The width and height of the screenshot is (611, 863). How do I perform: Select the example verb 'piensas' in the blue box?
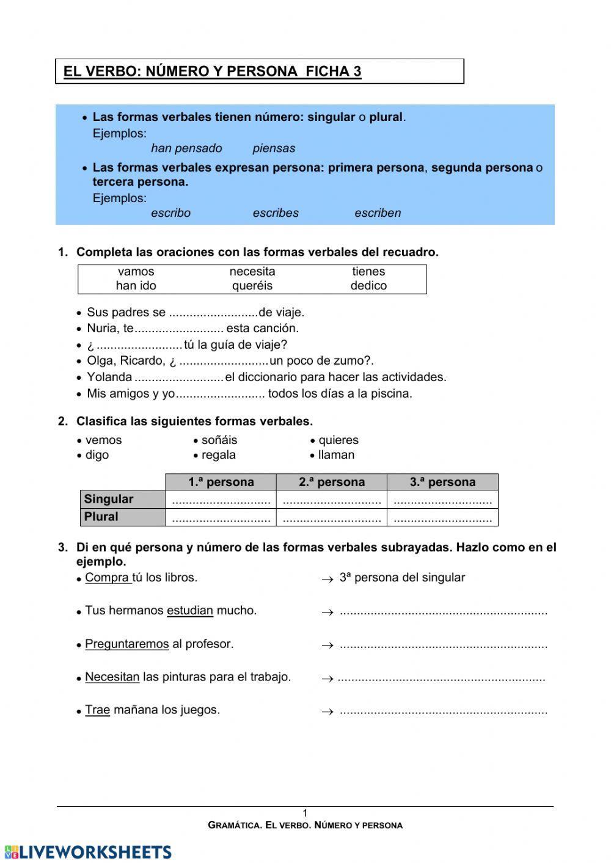[274, 148]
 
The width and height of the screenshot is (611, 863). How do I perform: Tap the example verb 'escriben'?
[378, 213]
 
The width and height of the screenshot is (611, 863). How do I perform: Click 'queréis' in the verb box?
[252, 286]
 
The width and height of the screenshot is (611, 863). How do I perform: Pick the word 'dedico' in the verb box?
[368, 286]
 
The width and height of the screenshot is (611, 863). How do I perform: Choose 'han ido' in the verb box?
[136, 286]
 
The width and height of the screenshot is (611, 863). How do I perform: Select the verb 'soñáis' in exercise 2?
[219, 440]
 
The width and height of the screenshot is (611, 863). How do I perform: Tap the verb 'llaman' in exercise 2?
[336, 455]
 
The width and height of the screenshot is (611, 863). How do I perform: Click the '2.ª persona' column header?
[331, 482]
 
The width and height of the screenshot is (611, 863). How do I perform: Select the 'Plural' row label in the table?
[101, 517]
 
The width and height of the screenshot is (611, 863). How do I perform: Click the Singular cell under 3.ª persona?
[442, 500]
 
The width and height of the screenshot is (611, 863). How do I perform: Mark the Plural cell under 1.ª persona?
[221, 517]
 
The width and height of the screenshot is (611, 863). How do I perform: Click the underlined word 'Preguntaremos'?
[126, 644]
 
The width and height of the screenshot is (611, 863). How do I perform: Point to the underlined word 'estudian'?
[189, 610]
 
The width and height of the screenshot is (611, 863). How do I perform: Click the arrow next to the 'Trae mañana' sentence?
[327, 712]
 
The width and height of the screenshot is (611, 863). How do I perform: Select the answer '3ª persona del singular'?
[402, 578]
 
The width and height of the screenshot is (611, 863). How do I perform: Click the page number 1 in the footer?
[305, 813]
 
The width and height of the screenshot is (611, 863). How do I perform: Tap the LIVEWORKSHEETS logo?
[87, 852]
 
